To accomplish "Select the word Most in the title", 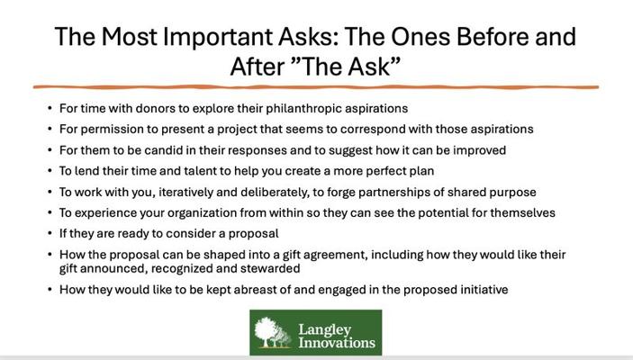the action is (129, 36).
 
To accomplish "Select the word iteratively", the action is (185, 192).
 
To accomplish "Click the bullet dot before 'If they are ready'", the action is (50, 234).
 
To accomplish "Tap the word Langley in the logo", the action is (325, 330).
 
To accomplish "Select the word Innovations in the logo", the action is (337, 343).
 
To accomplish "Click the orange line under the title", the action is (316, 86).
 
